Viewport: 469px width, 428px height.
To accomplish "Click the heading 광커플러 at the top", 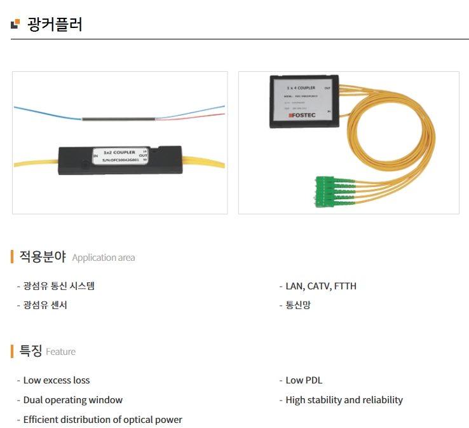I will pyautogui.click(x=55, y=25).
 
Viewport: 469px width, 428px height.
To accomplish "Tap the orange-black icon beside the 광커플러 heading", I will pyautogui.click(x=15, y=25).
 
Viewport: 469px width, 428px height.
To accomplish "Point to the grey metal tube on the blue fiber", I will pyautogui.click(x=119, y=118).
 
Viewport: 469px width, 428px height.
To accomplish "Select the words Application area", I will pyautogui.click(x=104, y=258).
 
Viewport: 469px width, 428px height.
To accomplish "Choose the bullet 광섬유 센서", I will pyautogui.click(x=45, y=305).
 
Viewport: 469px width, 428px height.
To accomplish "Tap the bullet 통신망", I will pyautogui.click(x=298, y=305).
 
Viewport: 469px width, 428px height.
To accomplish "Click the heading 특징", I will pyautogui.click(x=31, y=351).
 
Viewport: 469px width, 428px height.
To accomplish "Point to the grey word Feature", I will pyautogui.click(x=61, y=352).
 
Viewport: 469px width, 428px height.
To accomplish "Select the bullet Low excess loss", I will pyautogui.click(x=57, y=380).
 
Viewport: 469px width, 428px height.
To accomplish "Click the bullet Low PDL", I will pyautogui.click(x=304, y=380).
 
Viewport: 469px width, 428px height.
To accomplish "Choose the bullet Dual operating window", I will pyautogui.click(x=73, y=400).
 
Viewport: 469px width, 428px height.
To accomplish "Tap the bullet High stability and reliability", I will pyautogui.click(x=344, y=400).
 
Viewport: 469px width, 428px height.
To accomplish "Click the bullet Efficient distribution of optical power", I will pyautogui.click(x=102, y=420).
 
